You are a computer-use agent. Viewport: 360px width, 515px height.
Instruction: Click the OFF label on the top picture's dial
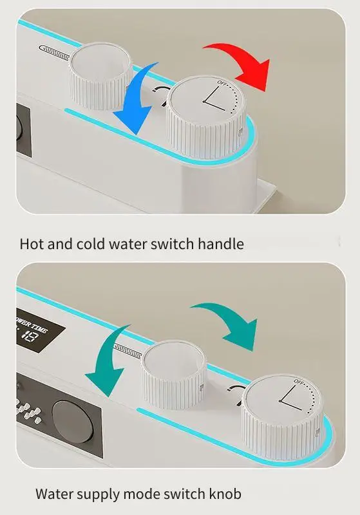[222, 83]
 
